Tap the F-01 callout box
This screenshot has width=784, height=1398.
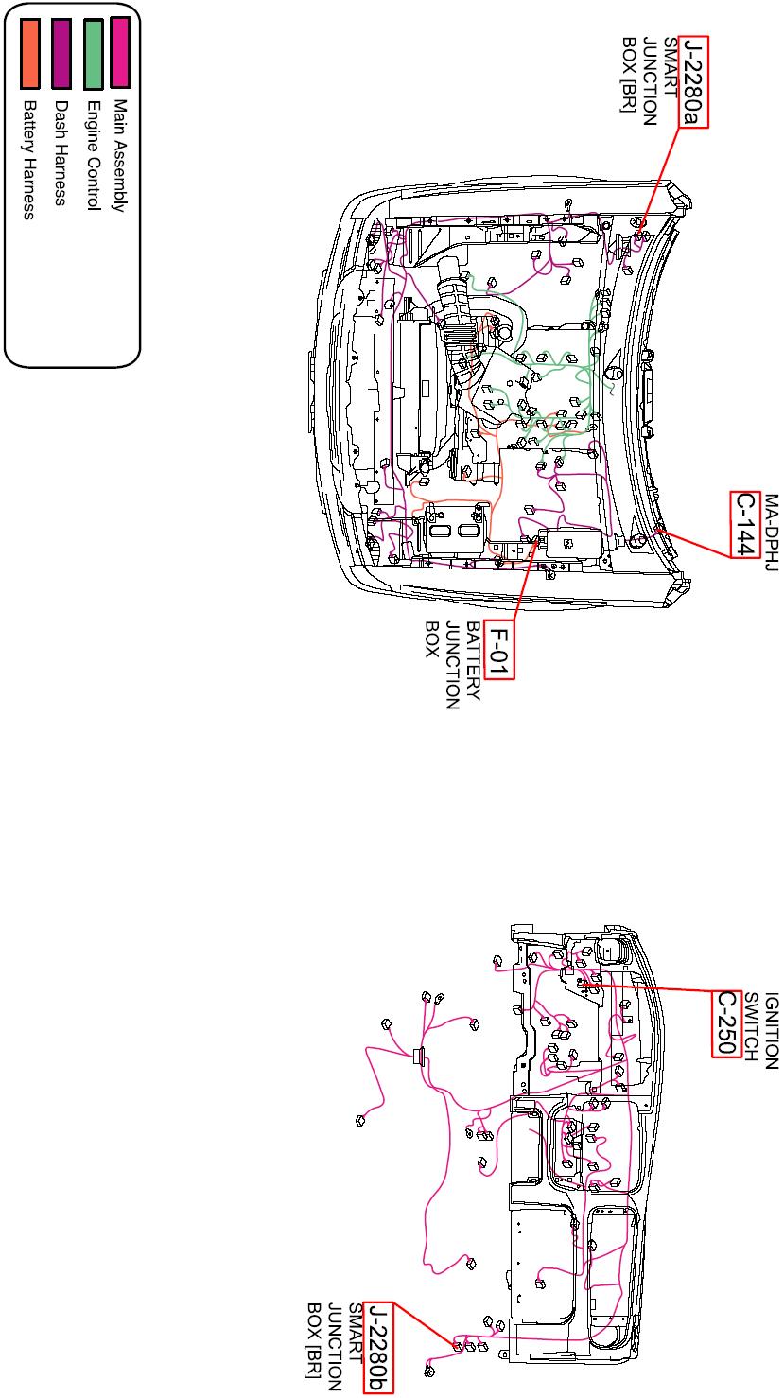(x=498, y=648)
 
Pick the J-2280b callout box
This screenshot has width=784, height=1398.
(x=378, y=1348)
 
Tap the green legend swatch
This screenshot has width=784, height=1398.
(x=93, y=41)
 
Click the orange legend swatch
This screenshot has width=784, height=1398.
(x=29, y=42)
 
